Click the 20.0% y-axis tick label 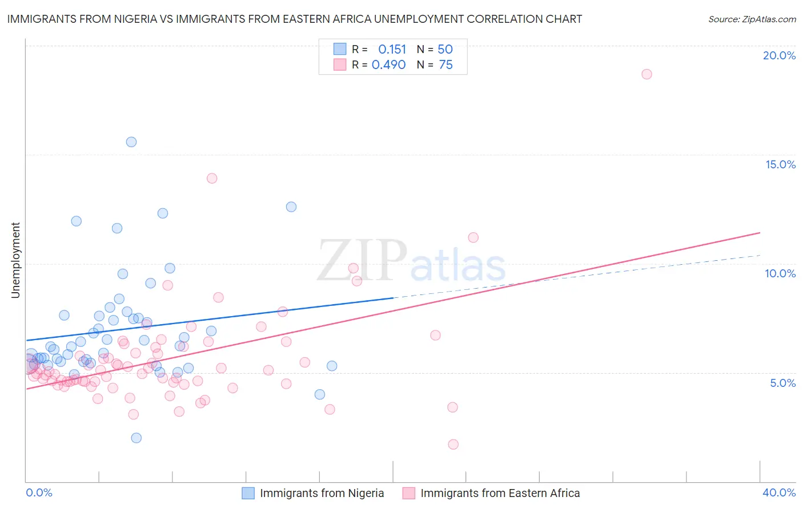pyautogui.click(x=779, y=55)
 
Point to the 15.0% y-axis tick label pyautogui.click(x=780, y=164)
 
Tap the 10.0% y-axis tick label pyautogui.click(x=780, y=273)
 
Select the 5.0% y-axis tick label pyautogui.click(x=782, y=382)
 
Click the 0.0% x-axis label pyautogui.click(x=39, y=492)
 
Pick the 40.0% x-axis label pyautogui.click(x=779, y=492)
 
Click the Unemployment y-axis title pyautogui.click(x=15, y=260)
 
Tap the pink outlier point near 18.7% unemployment pyautogui.click(x=647, y=74)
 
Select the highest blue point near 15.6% pyautogui.click(x=131, y=142)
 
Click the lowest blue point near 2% pyautogui.click(x=136, y=438)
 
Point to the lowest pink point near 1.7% pyautogui.click(x=453, y=444)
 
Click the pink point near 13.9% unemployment pyautogui.click(x=212, y=178)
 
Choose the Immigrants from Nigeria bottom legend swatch pyautogui.click(x=248, y=493)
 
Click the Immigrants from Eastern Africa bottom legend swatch pyautogui.click(x=408, y=493)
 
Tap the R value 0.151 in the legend pyautogui.click(x=392, y=49)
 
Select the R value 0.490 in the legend pyautogui.click(x=388, y=64)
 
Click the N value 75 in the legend pyautogui.click(x=445, y=64)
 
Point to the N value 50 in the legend pyautogui.click(x=445, y=49)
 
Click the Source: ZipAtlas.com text pyautogui.click(x=752, y=19)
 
